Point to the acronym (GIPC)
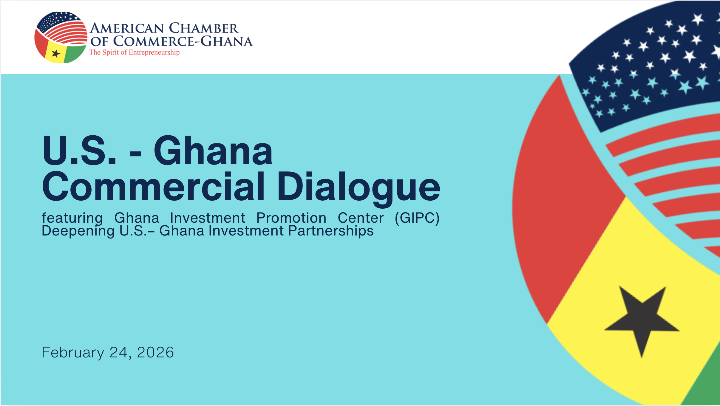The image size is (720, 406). tap(417, 218)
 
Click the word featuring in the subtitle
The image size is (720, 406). tap(72, 218)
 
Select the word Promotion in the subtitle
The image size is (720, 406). tap(291, 218)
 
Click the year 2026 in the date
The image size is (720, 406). tap(155, 352)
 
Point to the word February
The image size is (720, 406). tap(73, 353)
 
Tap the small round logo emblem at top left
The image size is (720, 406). tap(61, 37)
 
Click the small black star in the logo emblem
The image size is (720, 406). tap(56, 54)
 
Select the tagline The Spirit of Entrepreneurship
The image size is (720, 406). tap(134, 52)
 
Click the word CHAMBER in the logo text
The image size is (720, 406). tap(204, 28)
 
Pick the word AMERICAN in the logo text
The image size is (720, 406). tap(127, 28)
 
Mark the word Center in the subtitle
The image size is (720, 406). tap(361, 218)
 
